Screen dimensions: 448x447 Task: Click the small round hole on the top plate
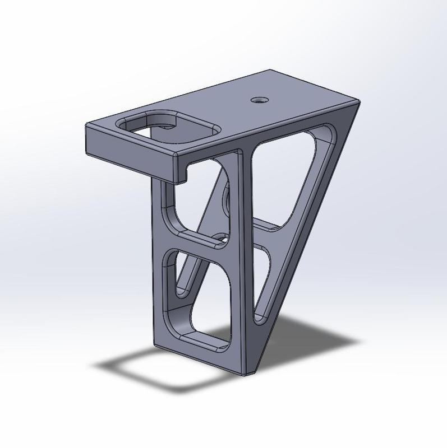point(259,100)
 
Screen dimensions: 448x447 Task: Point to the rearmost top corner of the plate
point(270,70)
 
